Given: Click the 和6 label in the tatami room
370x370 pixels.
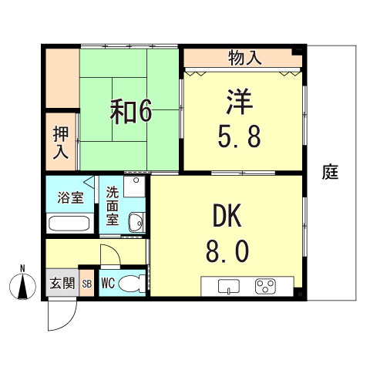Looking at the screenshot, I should coord(130,113).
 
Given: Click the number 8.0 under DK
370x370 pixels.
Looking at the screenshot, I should coord(227,251).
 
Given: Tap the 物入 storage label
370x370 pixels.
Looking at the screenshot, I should coord(244,57).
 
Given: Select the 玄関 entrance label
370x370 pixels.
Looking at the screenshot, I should coord(62,283).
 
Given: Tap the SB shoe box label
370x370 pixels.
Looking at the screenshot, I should coord(86,284).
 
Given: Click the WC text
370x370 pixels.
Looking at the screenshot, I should coord(108,283).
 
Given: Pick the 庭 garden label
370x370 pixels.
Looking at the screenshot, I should coord(331,172).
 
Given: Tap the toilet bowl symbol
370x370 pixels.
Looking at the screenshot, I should coord(132,282).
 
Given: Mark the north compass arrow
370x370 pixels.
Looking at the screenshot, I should coord(23,288).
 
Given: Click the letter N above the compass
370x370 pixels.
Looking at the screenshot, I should coord(23,268).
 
